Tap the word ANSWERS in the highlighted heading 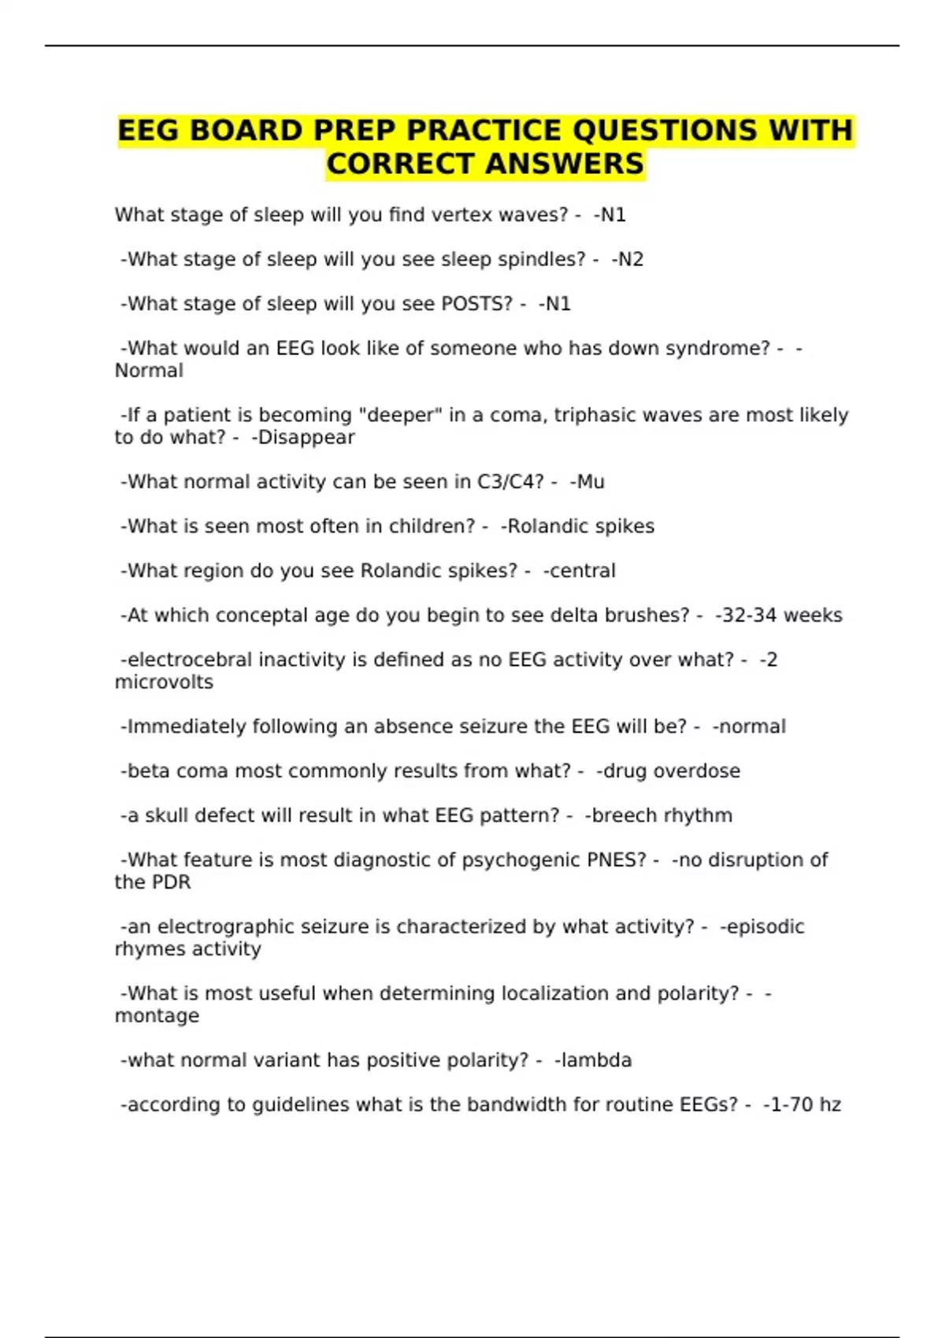tap(564, 164)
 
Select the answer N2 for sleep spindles tap(629, 260)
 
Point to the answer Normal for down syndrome tap(149, 371)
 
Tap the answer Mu tap(590, 482)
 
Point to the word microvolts tap(164, 682)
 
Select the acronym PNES tap(617, 860)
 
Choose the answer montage tap(157, 1016)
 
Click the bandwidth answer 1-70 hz tap(805, 1105)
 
